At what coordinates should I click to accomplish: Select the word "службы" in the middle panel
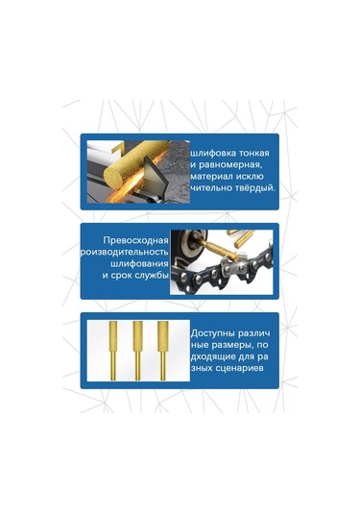point(151,274)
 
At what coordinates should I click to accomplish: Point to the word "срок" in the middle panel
point(117,274)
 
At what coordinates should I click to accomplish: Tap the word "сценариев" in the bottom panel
point(237,360)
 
